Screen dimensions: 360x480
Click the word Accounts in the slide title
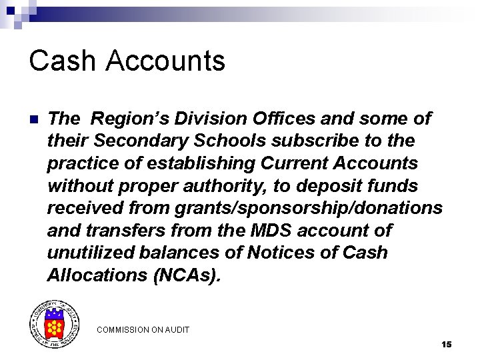pos(165,61)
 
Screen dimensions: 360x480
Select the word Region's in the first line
pos(125,119)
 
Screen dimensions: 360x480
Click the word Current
pos(297,163)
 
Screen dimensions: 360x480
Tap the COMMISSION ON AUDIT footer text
pos(143,329)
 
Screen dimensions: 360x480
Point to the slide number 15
pos(446,345)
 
